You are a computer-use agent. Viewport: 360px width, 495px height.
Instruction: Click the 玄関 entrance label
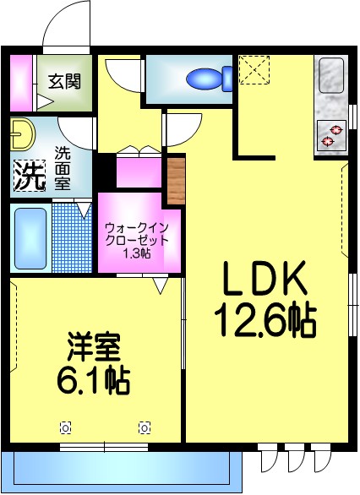click(64, 81)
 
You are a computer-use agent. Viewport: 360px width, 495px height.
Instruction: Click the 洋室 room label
click(94, 347)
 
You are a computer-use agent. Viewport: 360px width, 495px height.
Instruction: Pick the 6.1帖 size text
click(93, 382)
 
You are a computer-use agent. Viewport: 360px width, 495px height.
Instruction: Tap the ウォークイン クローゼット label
click(137, 233)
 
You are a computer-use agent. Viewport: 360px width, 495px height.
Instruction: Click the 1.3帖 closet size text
click(137, 253)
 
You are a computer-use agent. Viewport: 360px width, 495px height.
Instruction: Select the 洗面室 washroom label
click(63, 167)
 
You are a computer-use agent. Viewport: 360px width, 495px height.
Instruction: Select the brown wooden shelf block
click(175, 180)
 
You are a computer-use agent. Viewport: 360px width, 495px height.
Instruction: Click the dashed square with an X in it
click(251, 69)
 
